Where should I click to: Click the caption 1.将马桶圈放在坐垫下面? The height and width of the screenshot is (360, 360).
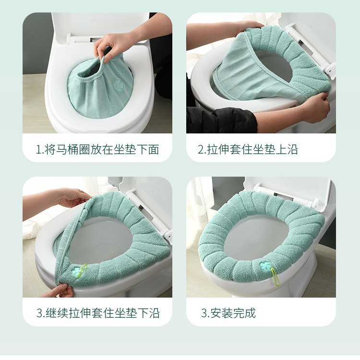click(97, 149)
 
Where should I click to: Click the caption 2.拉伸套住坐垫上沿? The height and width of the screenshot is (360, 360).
click(248, 149)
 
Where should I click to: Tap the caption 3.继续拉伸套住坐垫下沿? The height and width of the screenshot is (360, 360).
click(98, 313)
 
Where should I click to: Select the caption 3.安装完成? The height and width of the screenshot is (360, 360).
click(228, 313)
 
